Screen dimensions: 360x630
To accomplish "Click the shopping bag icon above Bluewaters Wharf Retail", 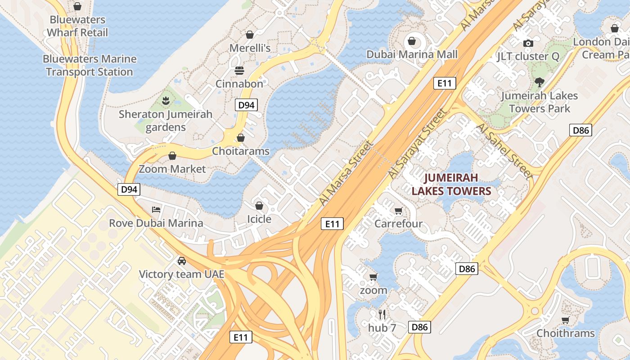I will pyautogui.click(x=77, y=6).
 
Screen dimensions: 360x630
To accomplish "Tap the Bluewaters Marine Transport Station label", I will pyautogui.click(x=90, y=65).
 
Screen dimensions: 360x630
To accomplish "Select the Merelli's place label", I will pyautogui.click(x=250, y=48).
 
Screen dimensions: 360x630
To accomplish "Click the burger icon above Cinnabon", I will pyautogui.click(x=239, y=71).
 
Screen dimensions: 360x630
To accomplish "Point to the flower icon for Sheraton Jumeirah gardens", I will pyautogui.click(x=166, y=101).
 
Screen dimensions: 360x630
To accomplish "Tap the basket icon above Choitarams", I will pyautogui.click(x=241, y=138).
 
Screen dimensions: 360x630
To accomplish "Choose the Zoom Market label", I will pyautogui.click(x=172, y=169).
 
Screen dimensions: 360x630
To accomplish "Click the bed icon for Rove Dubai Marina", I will pyautogui.click(x=156, y=210).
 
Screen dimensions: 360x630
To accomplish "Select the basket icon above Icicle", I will pyautogui.click(x=259, y=206).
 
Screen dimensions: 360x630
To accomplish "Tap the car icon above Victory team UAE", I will pyautogui.click(x=181, y=261).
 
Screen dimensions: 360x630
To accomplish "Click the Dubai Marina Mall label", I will pyautogui.click(x=412, y=54).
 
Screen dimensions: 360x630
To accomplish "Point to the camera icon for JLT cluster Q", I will pyautogui.click(x=528, y=43).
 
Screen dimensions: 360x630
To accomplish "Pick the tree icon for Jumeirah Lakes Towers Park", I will pyautogui.click(x=539, y=82).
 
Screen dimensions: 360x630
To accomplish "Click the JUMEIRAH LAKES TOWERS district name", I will pyautogui.click(x=451, y=184).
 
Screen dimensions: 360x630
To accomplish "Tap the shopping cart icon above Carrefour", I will pyautogui.click(x=398, y=211).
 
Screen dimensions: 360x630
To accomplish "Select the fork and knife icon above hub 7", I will pyautogui.click(x=382, y=314).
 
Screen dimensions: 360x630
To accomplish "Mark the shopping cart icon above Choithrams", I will pyautogui.click(x=565, y=320).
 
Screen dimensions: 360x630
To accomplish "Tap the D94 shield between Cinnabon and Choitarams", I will pyautogui.click(x=246, y=105).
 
